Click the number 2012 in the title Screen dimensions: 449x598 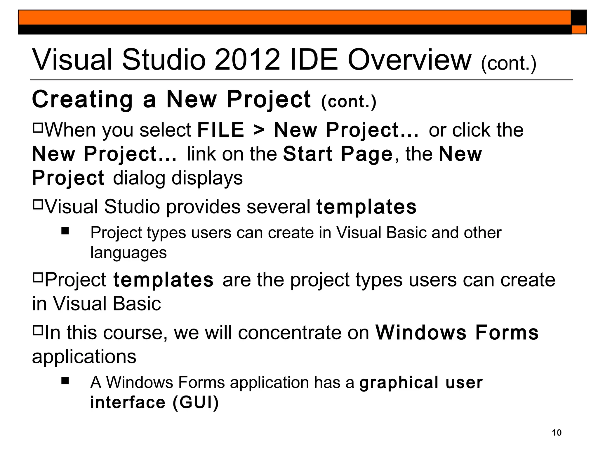click(x=247, y=60)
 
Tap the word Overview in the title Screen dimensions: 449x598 click(x=409, y=60)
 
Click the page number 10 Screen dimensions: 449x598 click(x=557, y=433)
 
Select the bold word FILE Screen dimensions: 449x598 click(x=221, y=130)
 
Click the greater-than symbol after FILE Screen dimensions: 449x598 click(x=259, y=130)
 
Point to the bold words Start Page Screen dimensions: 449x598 click(x=338, y=154)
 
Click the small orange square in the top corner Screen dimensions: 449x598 click(x=579, y=30)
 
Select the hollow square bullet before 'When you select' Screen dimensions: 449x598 click(x=38, y=128)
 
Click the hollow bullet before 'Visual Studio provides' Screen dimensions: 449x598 click(x=38, y=204)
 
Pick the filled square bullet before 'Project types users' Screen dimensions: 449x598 click(x=65, y=231)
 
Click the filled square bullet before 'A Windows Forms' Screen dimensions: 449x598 click(x=65, y=381)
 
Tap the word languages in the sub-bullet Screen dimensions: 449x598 click(x=128, y=253)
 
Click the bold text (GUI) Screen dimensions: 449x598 click(x=195, y=402)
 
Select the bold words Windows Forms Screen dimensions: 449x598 click(x=457, y=333)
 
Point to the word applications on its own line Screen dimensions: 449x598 click(x=84, y=357)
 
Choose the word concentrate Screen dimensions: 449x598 click(x=289, y=333)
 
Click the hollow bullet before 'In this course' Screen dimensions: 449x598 click(x=38, y=330)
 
